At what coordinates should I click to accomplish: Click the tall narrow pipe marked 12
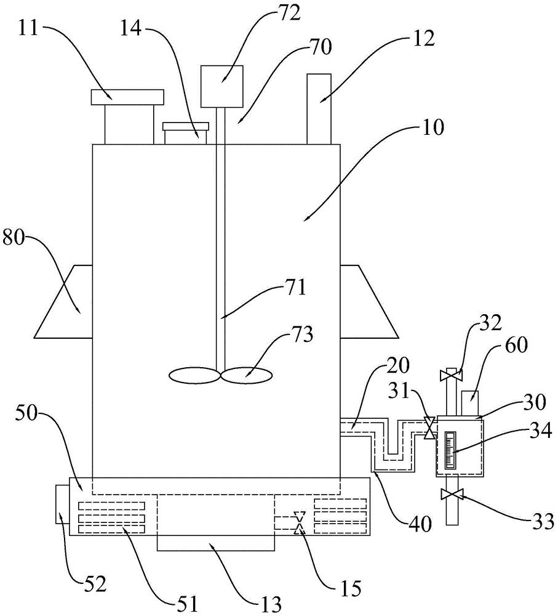(319, 108)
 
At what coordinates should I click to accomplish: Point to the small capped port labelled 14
(186, 132)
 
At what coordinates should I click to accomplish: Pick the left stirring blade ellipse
(194, 375)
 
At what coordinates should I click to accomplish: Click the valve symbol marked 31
(430, 428)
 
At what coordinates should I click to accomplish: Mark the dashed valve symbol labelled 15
(300, 522)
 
